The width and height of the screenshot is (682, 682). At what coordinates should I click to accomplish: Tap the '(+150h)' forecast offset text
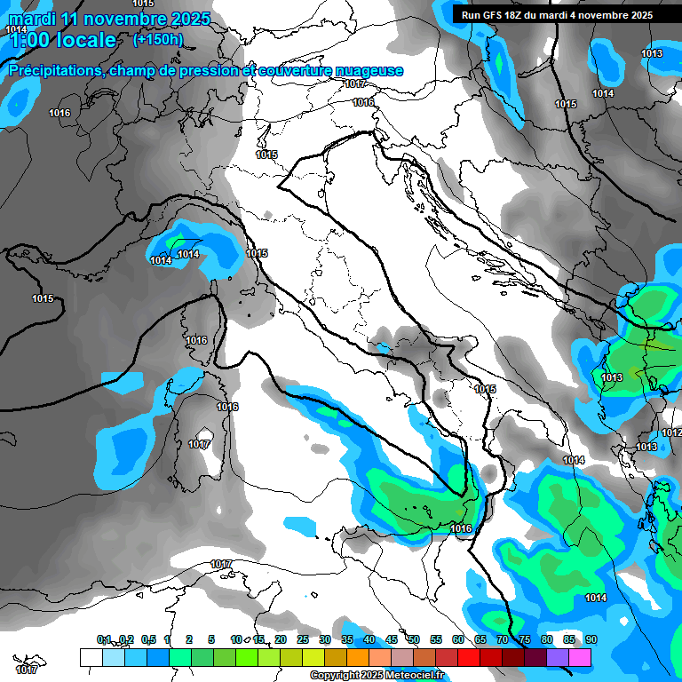(158, 39)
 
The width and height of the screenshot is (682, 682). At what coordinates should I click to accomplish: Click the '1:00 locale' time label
(62, 40)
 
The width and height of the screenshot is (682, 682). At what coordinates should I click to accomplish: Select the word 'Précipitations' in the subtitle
(53, 70)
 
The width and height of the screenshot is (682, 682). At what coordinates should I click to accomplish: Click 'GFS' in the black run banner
(498, 15)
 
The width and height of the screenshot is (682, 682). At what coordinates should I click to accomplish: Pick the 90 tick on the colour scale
(591, 639)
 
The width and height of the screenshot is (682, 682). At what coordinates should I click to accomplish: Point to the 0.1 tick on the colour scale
(104, 639)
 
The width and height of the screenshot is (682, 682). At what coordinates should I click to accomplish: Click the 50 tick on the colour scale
(414, 639)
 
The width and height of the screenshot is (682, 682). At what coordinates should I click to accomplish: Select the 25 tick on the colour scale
(303, 639)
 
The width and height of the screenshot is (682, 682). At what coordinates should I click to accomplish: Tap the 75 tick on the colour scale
(525, 639)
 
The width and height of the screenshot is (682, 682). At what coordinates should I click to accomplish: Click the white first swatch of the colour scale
(91, 657)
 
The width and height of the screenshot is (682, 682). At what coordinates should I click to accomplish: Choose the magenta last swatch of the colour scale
(580, 657)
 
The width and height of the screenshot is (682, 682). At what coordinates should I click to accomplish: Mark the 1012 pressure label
(671, 432)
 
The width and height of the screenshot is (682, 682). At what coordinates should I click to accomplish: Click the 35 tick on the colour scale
(347, 639)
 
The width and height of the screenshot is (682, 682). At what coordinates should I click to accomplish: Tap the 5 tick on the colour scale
(211, 639)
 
